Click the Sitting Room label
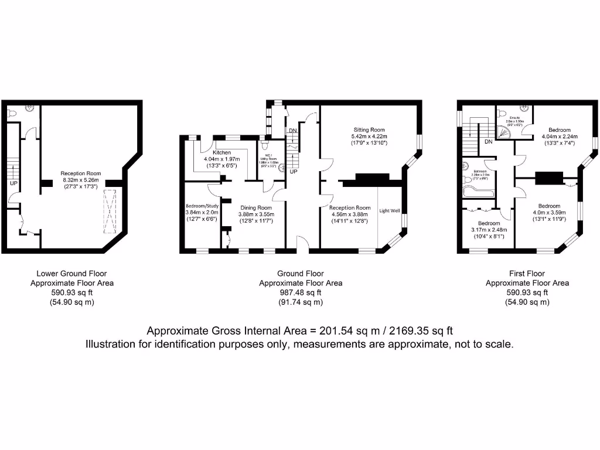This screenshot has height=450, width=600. [369, 129]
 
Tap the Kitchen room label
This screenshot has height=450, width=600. [222, 152]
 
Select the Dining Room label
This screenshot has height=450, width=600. [255, 207]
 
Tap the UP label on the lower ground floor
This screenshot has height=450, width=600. [12, 183]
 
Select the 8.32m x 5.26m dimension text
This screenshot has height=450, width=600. [81, 180]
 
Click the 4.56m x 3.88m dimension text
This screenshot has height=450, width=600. [350, 214]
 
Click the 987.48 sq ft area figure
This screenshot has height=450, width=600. [301, 292]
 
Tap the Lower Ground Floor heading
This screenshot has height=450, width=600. [71, 273]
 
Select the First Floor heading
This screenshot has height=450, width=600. [527, 273]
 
